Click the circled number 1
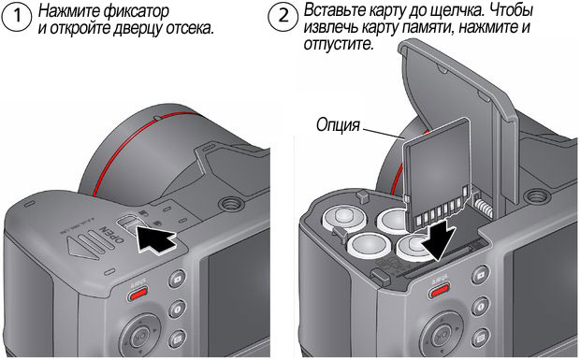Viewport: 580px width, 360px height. tap(17, 16)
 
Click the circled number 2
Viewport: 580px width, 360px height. tap(283, 16)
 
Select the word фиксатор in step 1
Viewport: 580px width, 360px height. tap(137, 11)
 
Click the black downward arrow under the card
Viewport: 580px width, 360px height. tap(438, 238)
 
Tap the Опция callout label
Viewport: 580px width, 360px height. tap(338, 125)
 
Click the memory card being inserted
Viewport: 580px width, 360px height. tap(437, 174)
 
